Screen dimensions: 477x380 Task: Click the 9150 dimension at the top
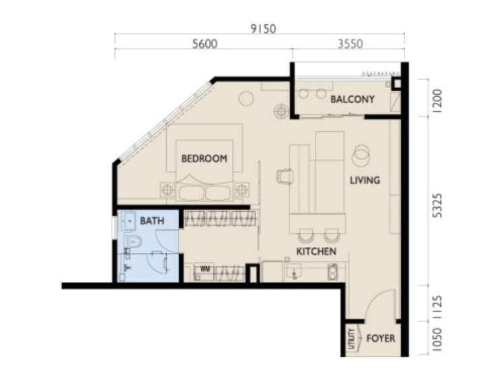[263, 29]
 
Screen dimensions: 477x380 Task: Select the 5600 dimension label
[205, 44]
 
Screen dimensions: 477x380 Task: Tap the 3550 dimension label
[351, 44]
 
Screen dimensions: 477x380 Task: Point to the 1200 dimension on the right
[437, 101]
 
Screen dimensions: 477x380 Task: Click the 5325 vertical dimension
[437, 206]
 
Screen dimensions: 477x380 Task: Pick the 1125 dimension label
[437, 307]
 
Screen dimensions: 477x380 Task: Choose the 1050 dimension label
[437, 340]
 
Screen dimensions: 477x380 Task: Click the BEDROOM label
[204, 158]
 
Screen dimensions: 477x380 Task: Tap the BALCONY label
[353, 99]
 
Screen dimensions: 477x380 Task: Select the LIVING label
[365, 180]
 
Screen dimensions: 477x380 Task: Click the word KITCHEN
[316, 252]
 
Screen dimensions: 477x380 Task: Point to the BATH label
[152, 221]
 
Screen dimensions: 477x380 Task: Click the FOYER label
[381, 338]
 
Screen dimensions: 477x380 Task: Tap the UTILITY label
[352, 339]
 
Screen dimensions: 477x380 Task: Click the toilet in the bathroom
[133, 241]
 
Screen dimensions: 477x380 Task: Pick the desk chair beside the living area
[285, 176]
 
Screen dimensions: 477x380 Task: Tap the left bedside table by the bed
[168, 190]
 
